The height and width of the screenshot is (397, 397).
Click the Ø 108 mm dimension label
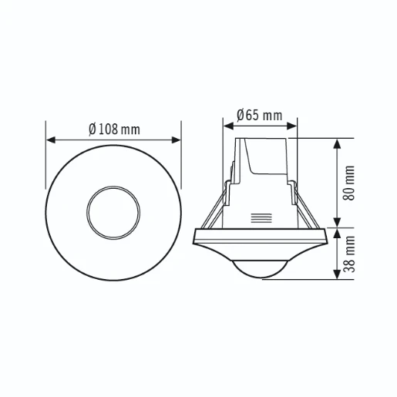tap(114, 129)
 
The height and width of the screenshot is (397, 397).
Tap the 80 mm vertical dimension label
tap(350, 183)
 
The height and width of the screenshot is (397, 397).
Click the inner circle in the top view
tap(114, 211)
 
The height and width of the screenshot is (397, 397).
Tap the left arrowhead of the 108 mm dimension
tap(51, 140)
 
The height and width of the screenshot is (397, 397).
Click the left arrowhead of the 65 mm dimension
tap(227, 126)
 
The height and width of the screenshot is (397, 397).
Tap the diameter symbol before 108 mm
tap(93, 129)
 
